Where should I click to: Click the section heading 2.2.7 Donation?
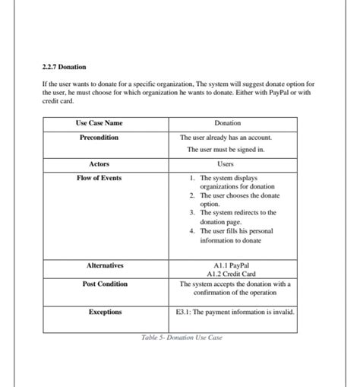tap(65, 67)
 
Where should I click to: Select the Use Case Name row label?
tap(99, 123)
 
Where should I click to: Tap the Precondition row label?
tap(99, 138)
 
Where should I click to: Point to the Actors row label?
tap(99, 164)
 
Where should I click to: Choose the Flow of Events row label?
tap(99, 178)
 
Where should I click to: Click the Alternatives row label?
tap(105, 265)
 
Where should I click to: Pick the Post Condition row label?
tap(105, 284)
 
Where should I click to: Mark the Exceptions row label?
tap(105, 312)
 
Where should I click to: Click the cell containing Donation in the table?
tap(227, 123)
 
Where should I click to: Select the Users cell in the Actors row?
tap(226, 164)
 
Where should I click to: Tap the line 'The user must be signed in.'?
tap(226, 150)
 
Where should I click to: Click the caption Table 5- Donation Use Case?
tap(182, 338)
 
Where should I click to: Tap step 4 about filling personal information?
tap(236, 236)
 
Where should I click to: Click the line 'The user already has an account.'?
tap(226, 138)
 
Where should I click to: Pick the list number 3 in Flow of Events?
tap(193, 213)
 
